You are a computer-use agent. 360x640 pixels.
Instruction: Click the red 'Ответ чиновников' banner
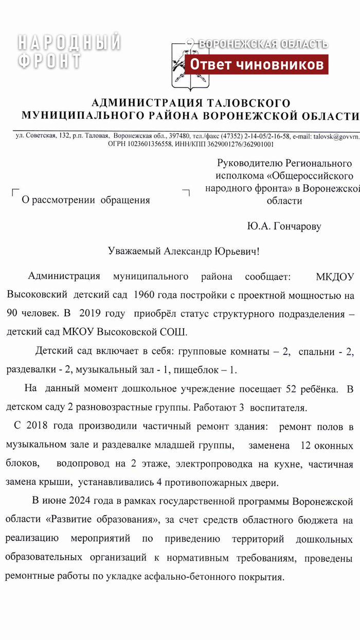tap(257, 64)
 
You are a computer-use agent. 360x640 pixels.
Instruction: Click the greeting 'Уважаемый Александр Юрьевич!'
tap(184, 252)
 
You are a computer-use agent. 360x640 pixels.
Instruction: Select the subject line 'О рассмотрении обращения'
tap(86, 200)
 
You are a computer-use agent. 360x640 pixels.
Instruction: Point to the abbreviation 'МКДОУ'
tap(334, 277)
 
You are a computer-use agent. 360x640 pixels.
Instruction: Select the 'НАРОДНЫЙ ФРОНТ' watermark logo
tap(69, 51)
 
